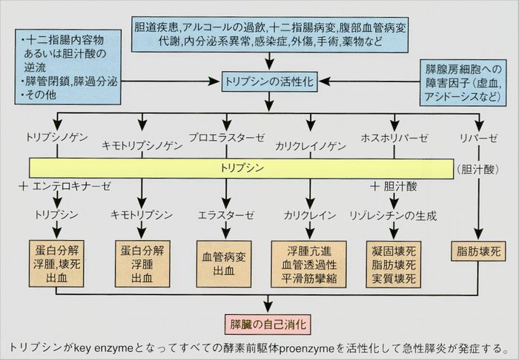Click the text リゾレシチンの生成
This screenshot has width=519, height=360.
392,216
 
